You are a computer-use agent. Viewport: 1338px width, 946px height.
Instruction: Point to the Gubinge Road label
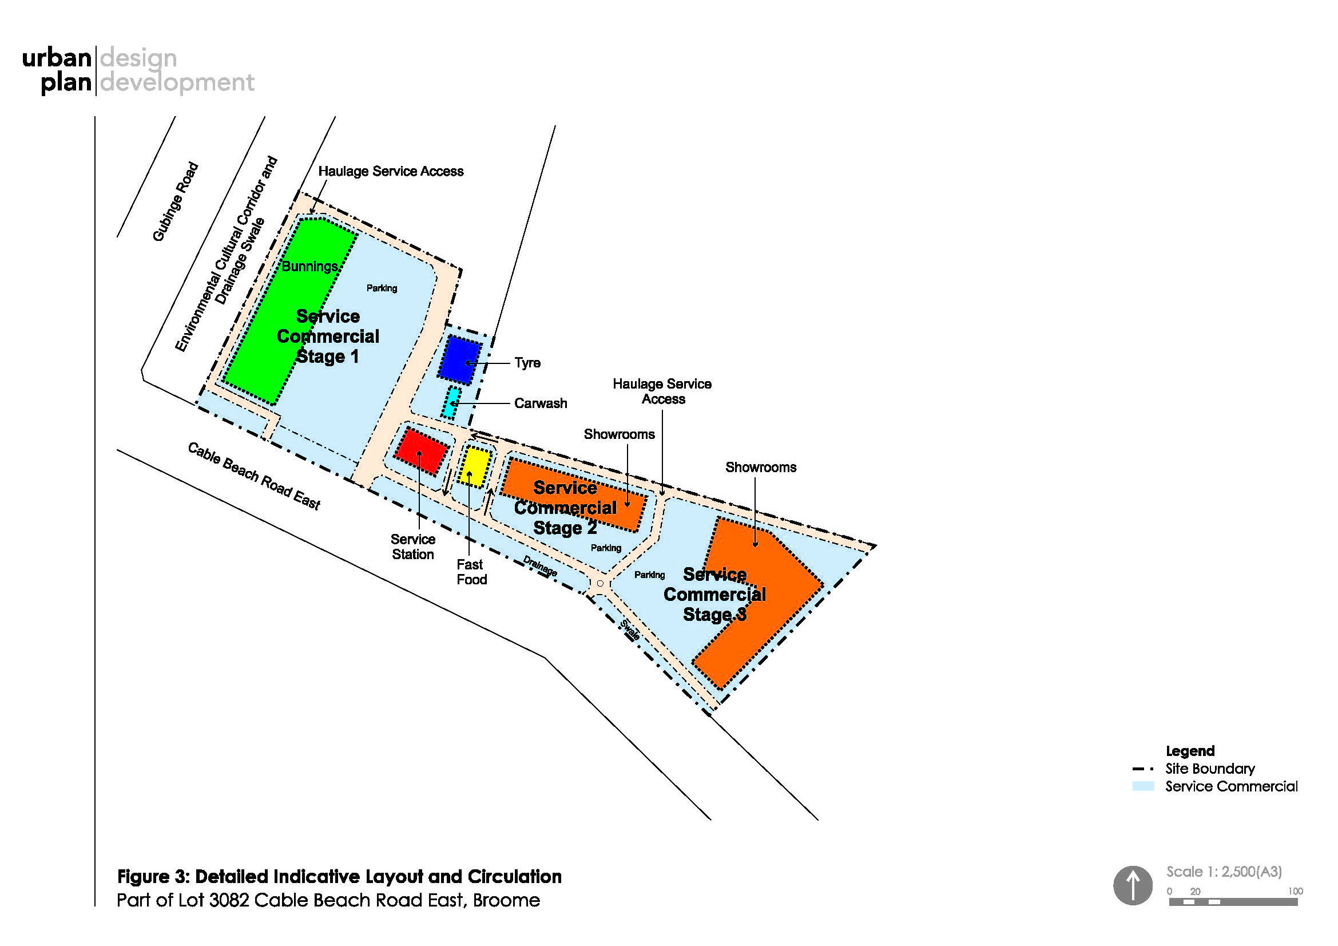pos(176,201)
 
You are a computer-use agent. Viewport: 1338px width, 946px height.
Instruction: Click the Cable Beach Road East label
pos(254,476)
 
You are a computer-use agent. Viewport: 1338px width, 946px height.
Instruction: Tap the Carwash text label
pos(540,403)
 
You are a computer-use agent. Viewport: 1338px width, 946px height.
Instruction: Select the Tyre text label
pos(527,362)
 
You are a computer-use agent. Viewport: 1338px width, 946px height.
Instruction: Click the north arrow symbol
pos(1133,885)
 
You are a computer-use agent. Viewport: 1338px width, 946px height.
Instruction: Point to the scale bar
pos(1233,902)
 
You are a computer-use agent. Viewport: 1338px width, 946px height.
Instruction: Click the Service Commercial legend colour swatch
pos(1143,786)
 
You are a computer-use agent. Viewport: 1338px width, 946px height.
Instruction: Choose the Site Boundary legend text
pos(1210,769)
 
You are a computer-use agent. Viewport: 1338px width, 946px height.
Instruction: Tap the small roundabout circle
pos(600,583)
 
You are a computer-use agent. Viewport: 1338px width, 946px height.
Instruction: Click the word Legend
pos(1190,751)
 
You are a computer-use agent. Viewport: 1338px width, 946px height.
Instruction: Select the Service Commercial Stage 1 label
pos(328,337)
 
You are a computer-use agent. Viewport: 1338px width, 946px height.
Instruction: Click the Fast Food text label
pos(471,572)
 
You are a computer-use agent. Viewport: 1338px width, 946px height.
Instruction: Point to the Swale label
pos(630,630)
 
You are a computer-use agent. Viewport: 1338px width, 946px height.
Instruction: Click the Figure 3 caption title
pos(339,877)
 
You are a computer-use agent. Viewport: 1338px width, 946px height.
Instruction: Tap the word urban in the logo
pos(57,58)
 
